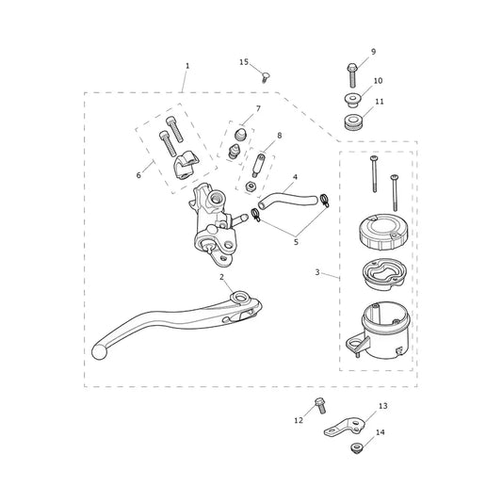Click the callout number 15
point(244,62)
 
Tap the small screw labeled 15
point(265,78)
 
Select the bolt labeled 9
point(352,75)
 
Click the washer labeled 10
point(352,100)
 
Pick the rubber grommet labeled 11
point(352,122)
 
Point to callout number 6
point(138,175)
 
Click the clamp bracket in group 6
point(186,165)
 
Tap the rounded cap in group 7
point(241,134)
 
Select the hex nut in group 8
point(250,186)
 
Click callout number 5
point(296,242)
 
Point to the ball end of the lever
point(99,352)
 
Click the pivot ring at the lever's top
point(239,297)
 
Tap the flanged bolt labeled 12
point(320,405)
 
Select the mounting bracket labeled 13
point(345,427)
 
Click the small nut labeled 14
point(356,447)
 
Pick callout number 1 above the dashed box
point(187,66)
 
